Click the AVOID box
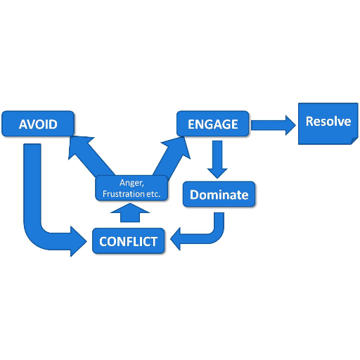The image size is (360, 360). pos(38,124)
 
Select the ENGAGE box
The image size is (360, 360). pos(213,124)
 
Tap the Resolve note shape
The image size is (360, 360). pos(328,124)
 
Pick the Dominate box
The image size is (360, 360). pos(219,194)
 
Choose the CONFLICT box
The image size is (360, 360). pos(128,241)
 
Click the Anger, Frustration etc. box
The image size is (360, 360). pos(131,188)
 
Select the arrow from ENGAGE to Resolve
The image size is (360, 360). pos(274,125)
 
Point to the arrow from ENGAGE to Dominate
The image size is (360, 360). pos(217,160)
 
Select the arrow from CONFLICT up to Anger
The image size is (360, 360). pos(130,213)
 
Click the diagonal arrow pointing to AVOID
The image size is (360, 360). pos(90,156)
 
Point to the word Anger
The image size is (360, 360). pos(131,183)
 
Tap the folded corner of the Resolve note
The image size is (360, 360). pos(355,141)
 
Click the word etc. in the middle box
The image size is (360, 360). pos(153,194)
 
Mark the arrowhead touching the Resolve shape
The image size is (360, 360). pos(290,125)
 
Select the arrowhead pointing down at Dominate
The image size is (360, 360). pos(217,174)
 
